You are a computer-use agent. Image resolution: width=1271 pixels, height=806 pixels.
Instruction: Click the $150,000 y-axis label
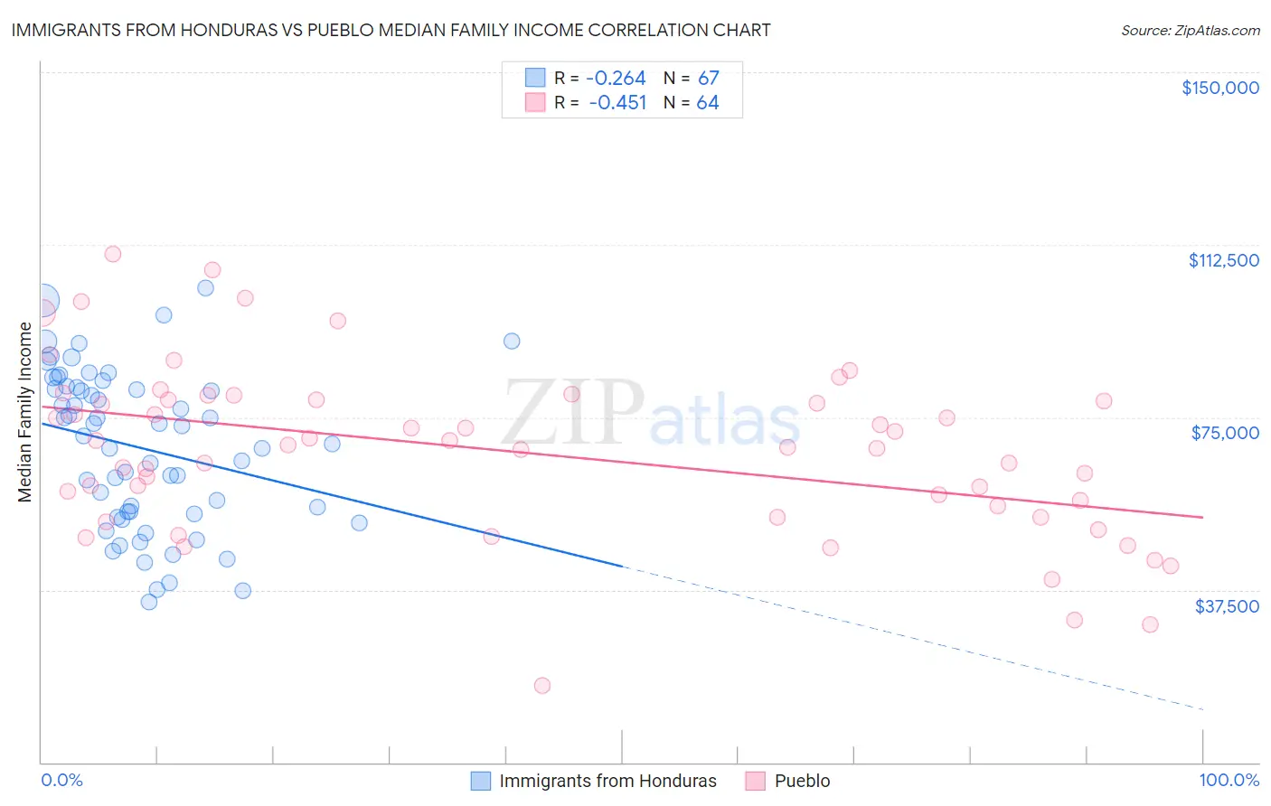tap(1220, 88)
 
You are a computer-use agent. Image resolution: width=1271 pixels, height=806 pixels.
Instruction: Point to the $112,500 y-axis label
tap(1223, 260)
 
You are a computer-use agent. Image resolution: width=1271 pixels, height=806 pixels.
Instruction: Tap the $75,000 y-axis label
tap(1225, 433)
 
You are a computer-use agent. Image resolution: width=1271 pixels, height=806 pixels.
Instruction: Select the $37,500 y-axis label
tap(1227, 606)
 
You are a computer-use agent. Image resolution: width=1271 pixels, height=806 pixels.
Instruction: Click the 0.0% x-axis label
tap(61, 780)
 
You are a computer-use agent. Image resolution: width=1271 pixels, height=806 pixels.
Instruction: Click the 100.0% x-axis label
tap(1229, 780)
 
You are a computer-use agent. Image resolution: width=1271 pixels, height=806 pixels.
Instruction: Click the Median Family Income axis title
tap(25, 412)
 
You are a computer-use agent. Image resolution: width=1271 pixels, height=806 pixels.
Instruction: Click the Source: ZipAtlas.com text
tap(1190, 30)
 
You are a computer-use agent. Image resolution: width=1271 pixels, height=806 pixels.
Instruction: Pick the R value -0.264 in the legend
tap(616, 79)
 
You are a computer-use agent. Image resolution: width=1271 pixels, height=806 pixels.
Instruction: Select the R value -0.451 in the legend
tap(617, 103)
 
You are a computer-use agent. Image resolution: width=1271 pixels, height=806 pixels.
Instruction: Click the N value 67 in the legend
tap(708, 79)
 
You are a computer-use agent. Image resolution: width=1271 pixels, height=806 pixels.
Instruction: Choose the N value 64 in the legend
tap(707, 103)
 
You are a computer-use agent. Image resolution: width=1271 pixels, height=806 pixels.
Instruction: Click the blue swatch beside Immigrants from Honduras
tap(481, 781)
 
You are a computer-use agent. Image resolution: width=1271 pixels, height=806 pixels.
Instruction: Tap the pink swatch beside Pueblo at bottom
tap(756, 781)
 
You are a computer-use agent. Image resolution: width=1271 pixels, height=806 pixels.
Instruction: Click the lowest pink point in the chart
tap(542, 685)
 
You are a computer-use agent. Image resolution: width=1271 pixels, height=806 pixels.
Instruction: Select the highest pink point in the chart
tap(113, 254)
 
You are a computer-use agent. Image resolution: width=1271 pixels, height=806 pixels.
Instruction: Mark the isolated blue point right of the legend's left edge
tap(512, 341)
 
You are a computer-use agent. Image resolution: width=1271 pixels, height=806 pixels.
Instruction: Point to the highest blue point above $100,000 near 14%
tap(205, 288)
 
